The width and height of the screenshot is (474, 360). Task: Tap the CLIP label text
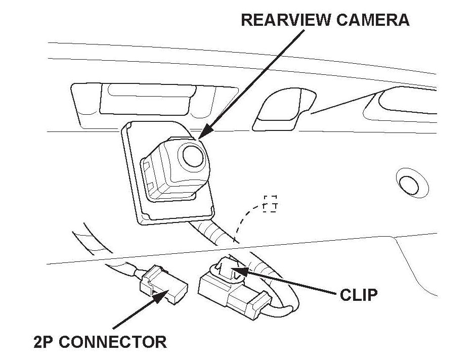[x=359, y=295]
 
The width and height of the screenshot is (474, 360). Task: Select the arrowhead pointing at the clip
[x=242, y=271]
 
